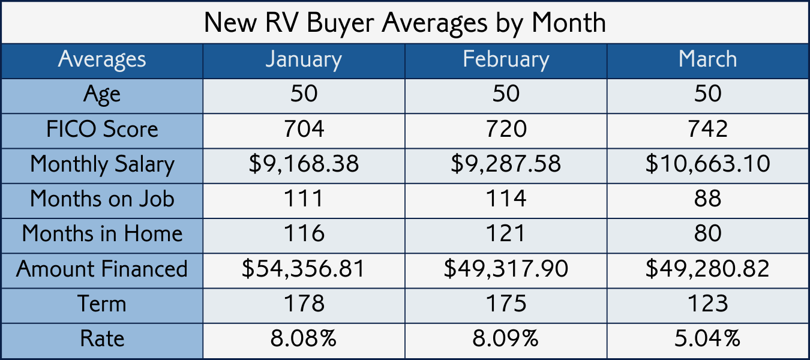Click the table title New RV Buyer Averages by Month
(405, 23)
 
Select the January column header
(304, 59)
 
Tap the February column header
(506, 59)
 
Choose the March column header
(708, 59)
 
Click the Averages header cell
(102, 59)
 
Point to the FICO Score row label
(102, 129)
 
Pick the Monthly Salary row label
(102, 164)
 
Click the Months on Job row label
(102, 199)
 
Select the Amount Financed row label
(102, 268)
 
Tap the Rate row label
(102, 338)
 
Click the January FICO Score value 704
(304, 129)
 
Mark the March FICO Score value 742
(708, 129)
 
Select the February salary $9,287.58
(506, 164)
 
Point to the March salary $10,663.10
(708, 164)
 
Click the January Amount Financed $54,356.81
(304, 268)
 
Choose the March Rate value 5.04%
(708, 338)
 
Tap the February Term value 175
(506, 304)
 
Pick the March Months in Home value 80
(708, 233)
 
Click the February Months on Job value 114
(506, 199)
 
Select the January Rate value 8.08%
(304, 338)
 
